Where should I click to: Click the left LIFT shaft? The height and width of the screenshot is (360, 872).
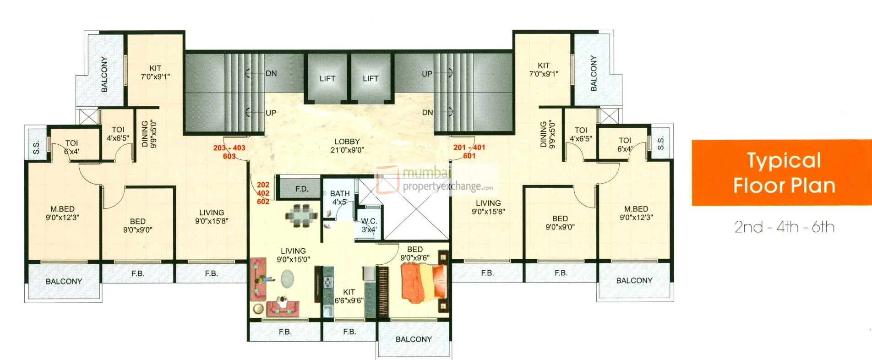327,78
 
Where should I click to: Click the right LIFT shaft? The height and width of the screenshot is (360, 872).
371,78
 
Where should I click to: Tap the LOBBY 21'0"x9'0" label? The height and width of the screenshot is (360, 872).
347,146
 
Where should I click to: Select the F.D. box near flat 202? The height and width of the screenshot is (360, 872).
301,189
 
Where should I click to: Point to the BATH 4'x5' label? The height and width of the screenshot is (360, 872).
340,197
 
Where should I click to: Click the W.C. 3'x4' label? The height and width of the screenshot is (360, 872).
369,225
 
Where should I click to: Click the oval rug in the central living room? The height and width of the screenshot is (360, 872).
288,278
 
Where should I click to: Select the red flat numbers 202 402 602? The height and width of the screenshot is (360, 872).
263,193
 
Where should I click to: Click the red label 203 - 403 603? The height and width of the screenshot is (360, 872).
229,152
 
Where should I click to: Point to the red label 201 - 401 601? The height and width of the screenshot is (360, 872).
469,152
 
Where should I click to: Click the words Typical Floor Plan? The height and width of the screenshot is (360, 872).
784,173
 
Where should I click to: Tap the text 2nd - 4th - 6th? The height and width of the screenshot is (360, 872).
784,227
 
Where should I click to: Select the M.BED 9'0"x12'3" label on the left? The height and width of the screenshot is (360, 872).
62,213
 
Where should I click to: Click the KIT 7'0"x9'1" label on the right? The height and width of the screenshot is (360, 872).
544,70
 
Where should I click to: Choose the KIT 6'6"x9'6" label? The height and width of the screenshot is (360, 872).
349,296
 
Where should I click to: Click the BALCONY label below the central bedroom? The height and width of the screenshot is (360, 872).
414,339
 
